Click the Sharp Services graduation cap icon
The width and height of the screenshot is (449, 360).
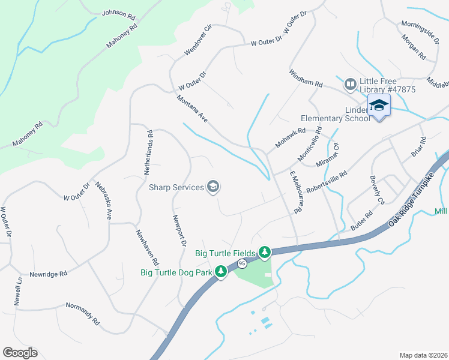212,187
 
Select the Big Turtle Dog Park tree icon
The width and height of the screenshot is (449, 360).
221,272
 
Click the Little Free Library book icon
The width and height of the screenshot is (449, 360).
351,85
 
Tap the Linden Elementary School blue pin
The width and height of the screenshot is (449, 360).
379,106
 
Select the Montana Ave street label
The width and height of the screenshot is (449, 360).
192,109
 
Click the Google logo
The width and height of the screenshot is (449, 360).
20,353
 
